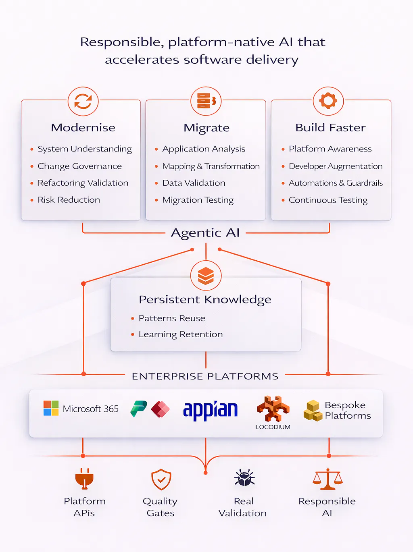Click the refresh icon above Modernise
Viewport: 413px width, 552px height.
(x=83, y=102)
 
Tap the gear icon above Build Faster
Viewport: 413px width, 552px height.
(x=328, y=101)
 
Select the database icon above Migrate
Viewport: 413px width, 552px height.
(x=206, y=101)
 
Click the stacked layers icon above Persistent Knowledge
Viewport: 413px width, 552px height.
(x=206, y=276)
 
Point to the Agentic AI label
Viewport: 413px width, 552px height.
(x=205, y=233)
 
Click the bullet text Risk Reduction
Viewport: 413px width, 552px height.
(x=69, y=200)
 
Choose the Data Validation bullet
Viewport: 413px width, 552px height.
(x=194, y=183)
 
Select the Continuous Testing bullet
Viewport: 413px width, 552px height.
(x=328, y=200)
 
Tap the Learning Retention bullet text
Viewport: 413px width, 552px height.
(x=180, y=334)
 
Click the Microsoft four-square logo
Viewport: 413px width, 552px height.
(x=51, y=408)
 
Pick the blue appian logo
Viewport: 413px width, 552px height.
(x=210, y=410)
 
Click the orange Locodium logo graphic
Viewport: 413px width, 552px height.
(x=273, y=409)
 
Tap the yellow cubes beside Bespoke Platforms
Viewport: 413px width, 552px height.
(x=313, y=411)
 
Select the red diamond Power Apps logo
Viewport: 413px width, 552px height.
(x=160, y=409)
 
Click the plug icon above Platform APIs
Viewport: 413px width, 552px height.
(x=84, y=479)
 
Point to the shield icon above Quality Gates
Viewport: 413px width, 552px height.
(x=161, y=479)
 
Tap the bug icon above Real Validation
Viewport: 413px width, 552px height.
(x=244, y=478)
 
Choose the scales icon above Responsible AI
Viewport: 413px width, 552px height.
(x=327, y=479)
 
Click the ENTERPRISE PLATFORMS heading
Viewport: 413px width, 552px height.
(x=205, y=376)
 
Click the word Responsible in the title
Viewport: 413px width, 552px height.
(x=121, y=42)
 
